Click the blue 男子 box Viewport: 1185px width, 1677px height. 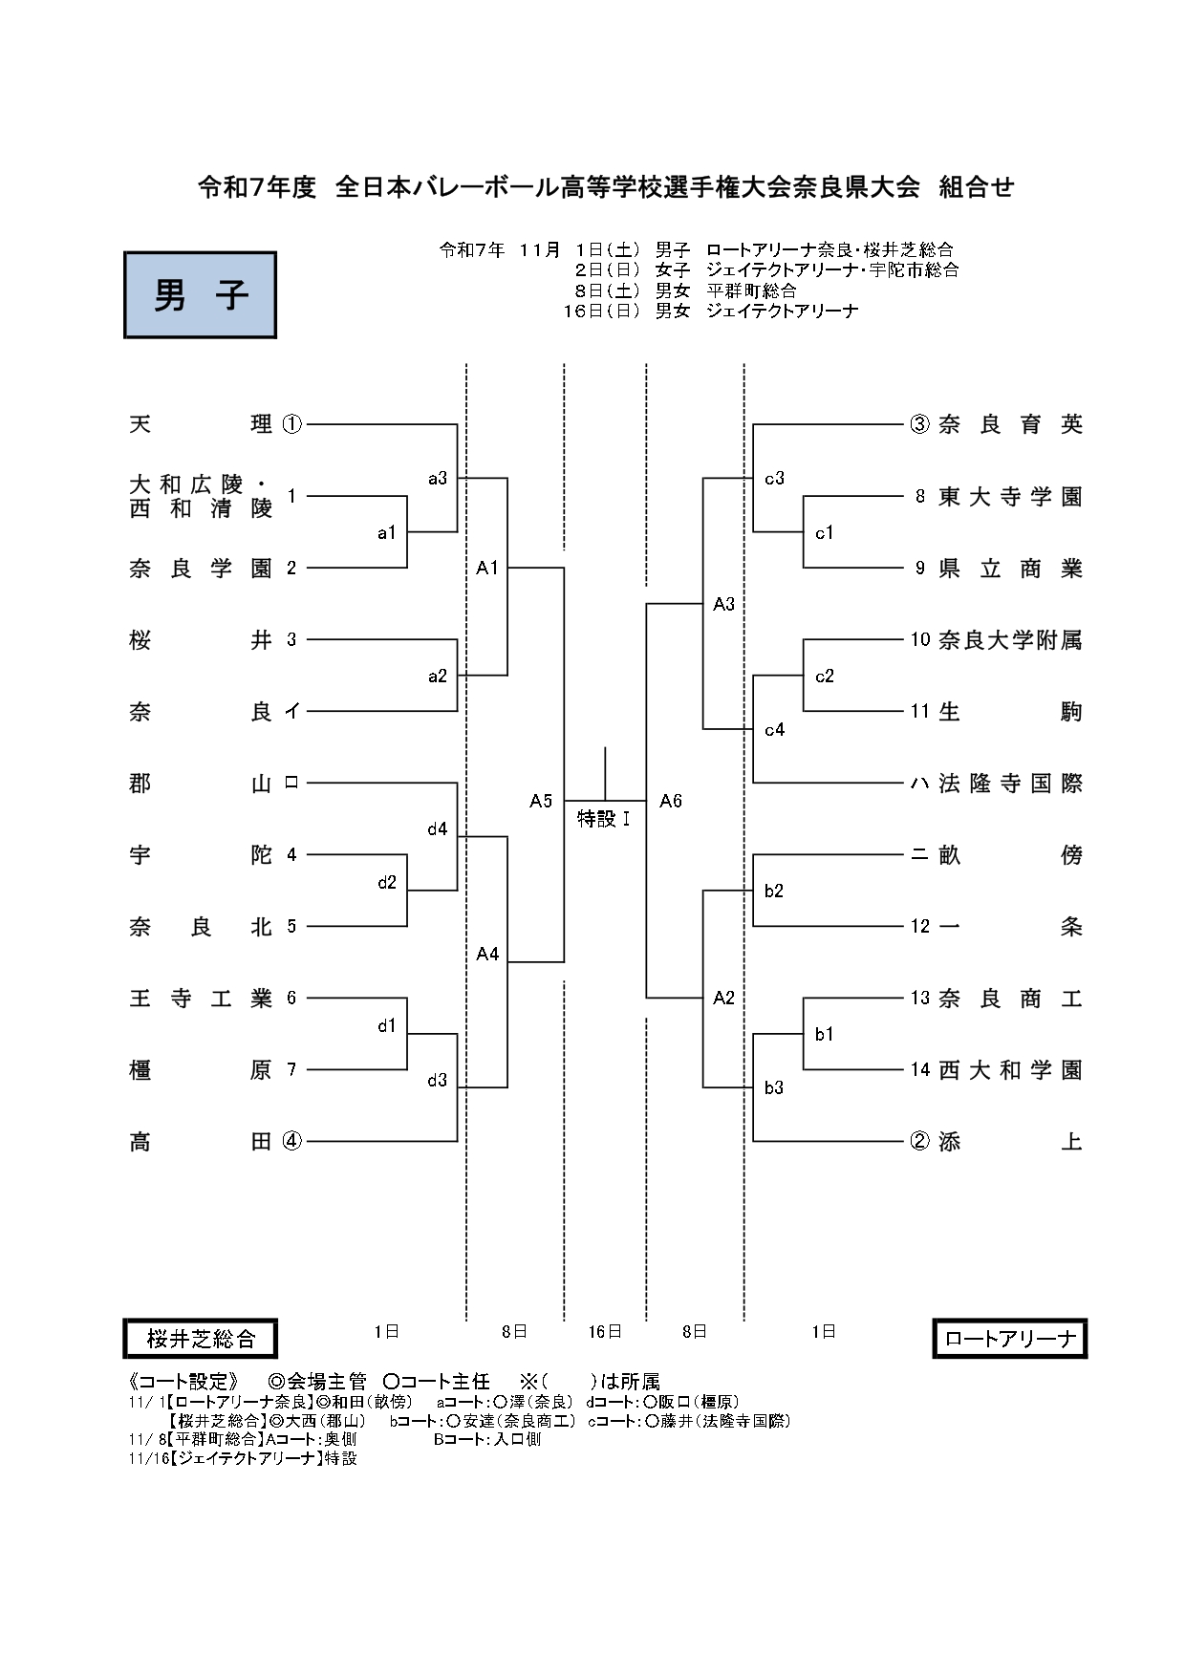click(x=200, y=295)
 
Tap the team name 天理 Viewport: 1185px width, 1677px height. click(x=201, y=423)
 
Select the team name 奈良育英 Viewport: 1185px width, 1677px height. click(x=1010, y=423)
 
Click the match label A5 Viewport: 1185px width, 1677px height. click(x=541, y=801)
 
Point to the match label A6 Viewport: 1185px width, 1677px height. click(x=671, y=801)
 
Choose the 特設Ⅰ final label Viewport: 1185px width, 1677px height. click(x=604, y=819)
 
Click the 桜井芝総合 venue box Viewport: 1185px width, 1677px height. click(x=200, y=1339)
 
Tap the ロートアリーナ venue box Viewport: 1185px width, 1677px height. click(x=1009, y=1339)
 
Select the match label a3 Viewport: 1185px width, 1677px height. click(x=437, y=479)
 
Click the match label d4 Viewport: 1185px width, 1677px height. click(x=437, y=829)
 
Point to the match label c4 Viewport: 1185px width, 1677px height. click(x=774, y=730)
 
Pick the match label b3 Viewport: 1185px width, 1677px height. click(x=774, y=1087)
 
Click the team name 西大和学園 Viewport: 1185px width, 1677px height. click(x=1010, y=1070)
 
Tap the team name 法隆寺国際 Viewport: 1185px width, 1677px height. click(x=1010, y=784)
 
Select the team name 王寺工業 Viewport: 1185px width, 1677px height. click(x=201, y=999)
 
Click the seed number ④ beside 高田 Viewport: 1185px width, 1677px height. click(x=291, y=1141)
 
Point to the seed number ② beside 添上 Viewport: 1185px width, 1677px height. click(x=919, y=1141)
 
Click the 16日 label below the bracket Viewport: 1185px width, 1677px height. click(x=605, y=1331)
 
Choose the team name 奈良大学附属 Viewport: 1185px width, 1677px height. click(x=1010, y=640)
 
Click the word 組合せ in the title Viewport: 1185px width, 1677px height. click(x=976, y=187)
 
